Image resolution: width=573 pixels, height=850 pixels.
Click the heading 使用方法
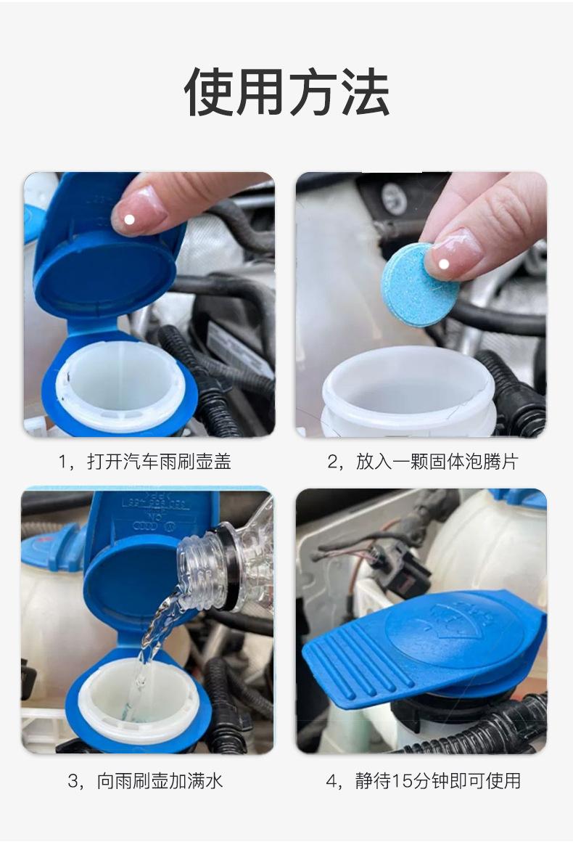tap(286, 92)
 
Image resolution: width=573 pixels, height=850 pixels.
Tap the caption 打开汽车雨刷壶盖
tap(160, 462)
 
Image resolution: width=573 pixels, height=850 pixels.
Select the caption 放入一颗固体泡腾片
tap(437, 462)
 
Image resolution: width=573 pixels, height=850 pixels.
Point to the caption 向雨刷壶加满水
tap(160, 781)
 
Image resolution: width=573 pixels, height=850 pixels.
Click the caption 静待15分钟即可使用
tap(437, 781)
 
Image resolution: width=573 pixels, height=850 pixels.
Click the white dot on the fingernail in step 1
tap(129, 219)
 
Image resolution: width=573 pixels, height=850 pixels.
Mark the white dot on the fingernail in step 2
tap(444, 264)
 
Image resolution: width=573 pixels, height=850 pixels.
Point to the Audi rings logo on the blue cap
tap(145, 527)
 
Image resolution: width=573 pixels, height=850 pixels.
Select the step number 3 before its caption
tap(73, 781)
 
